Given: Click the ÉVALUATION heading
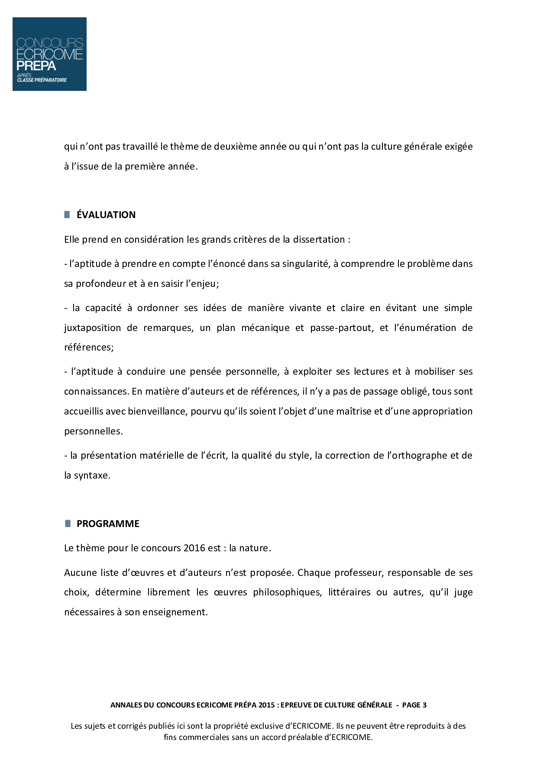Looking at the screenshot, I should (x=106, y=215).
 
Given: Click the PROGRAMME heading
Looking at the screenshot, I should (x=108, y=524).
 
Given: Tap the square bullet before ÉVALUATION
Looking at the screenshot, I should (x=67, y=215).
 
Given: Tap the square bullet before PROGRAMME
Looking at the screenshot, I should (x=68, y=524).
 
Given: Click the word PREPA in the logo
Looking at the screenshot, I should (x=36, y=66).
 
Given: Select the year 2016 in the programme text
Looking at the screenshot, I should (x=194, y=548).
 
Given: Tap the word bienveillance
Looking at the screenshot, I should (x=157, y=411).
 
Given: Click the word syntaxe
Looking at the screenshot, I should (x=92, y=475).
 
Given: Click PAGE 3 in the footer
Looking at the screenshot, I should (x=414, y=705).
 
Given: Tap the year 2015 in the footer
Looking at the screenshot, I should (x=266, y=705).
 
